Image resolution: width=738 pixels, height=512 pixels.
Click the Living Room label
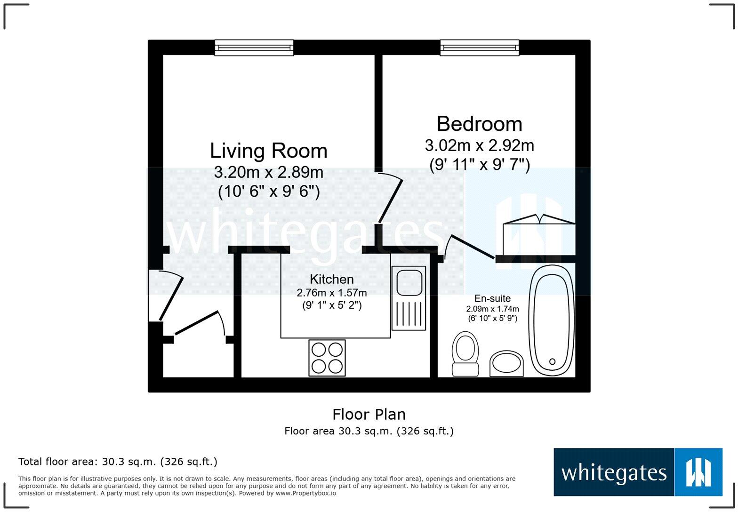tap(268, 151)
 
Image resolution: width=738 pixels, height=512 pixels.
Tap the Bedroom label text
tap(479, 124)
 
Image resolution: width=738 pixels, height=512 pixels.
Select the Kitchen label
tap(331, 279)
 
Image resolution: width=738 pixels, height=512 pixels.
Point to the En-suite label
tap(492, 298)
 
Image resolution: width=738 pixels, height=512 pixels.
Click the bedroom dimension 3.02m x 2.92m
tap(479, 146)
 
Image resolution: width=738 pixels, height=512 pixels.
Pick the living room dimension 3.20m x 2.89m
tap(268, 172)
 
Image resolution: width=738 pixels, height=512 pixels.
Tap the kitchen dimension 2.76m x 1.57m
tap(331, 293)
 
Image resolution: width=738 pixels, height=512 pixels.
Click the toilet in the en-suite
tap(465, 354)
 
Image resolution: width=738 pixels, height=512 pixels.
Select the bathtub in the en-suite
tap(552, 320)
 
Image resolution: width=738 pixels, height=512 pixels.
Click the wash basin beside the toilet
tap(506, 364)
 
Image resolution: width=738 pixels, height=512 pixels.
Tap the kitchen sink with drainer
tap(409, 298)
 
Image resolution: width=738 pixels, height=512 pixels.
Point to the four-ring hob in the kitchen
tap(327, 358)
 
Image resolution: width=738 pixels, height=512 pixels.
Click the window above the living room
tap(254, 48)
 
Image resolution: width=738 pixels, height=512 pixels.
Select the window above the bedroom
tap(480, 48)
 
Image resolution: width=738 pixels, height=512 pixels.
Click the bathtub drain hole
tap(552, 362)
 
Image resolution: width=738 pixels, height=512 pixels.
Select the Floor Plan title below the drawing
tap(369, 414)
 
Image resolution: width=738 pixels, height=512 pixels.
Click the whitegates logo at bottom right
tap(638, 472)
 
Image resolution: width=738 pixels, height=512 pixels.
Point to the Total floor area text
tap(118, 462)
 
